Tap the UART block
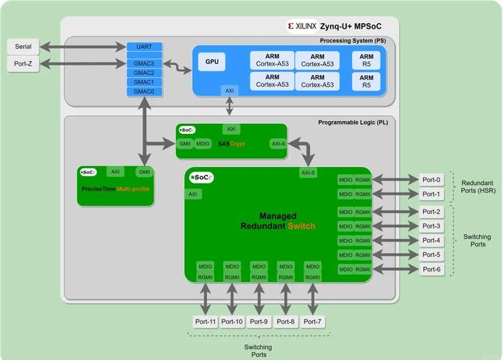coord(145,47)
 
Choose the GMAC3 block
coord(145,64)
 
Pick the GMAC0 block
coord(145,91)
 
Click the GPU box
coord(212,62)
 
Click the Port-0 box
coord(432,179)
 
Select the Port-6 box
coord(432,269)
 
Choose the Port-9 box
coord(259,321)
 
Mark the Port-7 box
coord(312,321)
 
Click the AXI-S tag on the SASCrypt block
coord(278,144)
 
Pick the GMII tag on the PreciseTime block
coord(145,172)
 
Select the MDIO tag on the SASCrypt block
coord(203,144)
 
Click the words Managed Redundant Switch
coord(278,221)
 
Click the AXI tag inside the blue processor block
coord(230,91)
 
